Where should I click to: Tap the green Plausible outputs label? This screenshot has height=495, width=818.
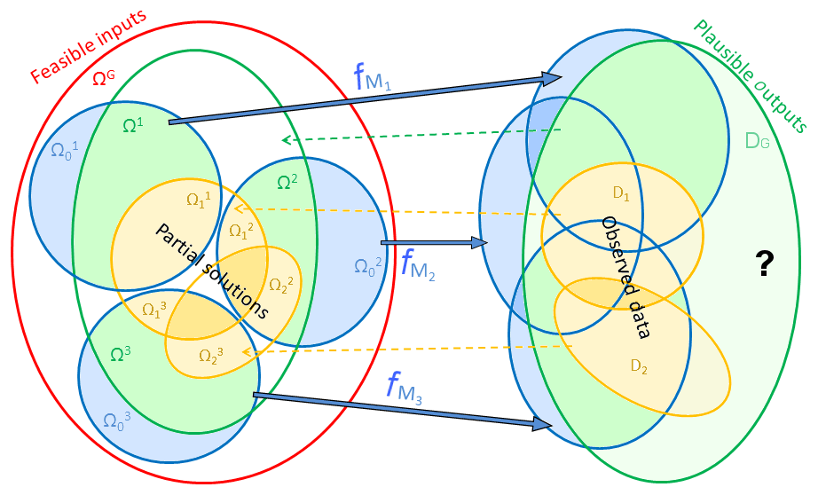tap(750, 75)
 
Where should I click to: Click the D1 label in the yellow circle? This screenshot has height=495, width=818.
tap(620, 194)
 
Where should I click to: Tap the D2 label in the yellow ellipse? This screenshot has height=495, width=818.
tap(639, 365)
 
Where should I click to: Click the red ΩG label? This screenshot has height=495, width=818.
tap(104, 78)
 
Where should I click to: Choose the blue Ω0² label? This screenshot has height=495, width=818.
tap(368, 264)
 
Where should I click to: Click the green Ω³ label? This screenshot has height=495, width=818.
tap(122, 353)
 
